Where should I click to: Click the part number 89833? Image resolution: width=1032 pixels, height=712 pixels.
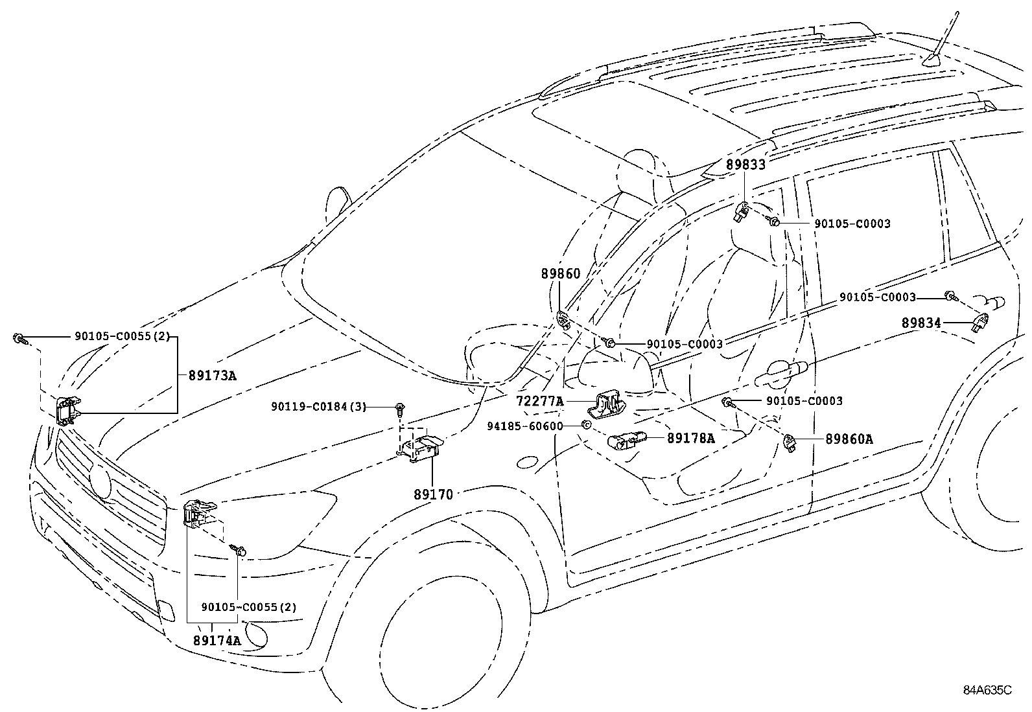click(745, 165)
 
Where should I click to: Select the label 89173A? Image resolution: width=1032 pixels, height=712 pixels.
click(213, 375)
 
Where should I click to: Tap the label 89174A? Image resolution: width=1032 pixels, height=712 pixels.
click(217, 641)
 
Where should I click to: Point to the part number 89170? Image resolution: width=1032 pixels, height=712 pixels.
click(433, 494)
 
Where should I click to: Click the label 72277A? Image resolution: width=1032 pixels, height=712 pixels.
click(540, 402)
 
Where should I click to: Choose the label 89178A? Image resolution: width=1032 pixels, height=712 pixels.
click(691, 439)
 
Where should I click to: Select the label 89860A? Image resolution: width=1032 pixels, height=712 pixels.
click(849, 439)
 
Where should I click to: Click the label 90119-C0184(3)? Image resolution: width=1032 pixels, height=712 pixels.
click(318, 407)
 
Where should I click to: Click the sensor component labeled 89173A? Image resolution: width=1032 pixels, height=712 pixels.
click(67, 411)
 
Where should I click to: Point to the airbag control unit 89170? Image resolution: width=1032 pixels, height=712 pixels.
click(420, 448)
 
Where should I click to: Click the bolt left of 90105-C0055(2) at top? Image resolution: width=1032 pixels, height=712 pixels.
click(19, 338)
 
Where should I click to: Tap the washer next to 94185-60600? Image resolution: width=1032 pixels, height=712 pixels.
click(585, 425)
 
